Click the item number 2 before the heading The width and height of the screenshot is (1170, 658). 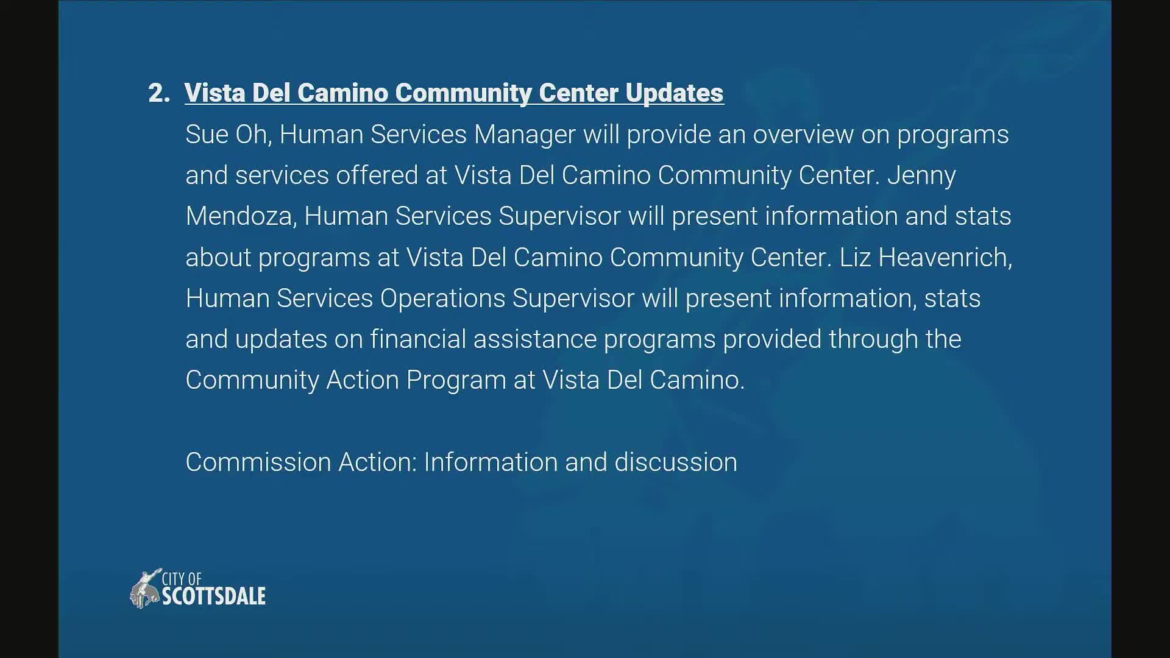click(x=158, y=93)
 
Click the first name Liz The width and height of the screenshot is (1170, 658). click(x=855, y=258)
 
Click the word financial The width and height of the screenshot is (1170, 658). click(x=418, y=339)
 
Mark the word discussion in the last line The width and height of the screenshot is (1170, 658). click(x=676, y=462)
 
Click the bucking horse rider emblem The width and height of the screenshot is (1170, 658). click(x=145, y=589)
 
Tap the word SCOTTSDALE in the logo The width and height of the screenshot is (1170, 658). click(x=213, y=596)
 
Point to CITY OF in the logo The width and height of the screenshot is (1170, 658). click(x=182, y=579)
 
